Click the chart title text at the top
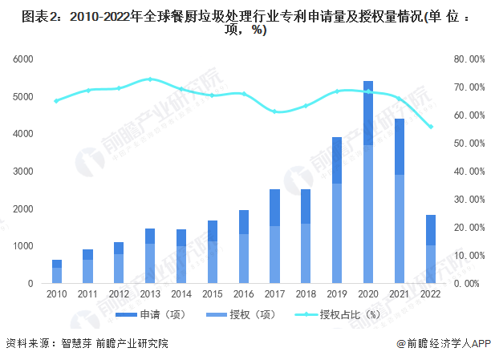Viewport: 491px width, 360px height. (245, 22)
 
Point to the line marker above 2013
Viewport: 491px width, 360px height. (150, 79)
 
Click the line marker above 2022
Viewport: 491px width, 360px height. (430, 127)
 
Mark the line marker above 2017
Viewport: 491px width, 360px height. (274, 111)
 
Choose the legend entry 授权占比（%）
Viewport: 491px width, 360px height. (337, 314)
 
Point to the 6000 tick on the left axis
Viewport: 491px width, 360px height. (22, 59)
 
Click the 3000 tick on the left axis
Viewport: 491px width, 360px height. (22, 172)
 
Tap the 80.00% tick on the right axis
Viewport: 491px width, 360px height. (467, 59)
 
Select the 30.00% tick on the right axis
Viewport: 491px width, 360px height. (467, 200)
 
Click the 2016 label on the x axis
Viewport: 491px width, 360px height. (243, 294)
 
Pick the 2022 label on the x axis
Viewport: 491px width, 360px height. (430, 294)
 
